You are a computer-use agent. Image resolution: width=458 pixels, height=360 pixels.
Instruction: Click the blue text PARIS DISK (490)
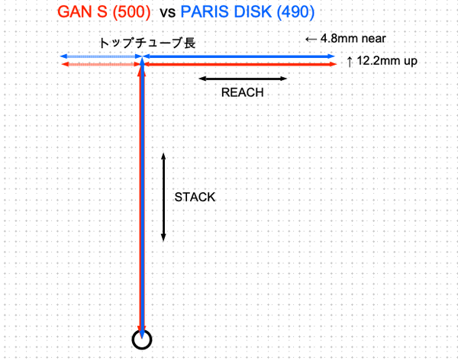pos(250,14)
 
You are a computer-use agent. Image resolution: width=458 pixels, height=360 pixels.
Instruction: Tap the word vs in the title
pos(169,14)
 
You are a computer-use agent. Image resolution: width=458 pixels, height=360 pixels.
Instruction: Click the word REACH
pos(242,92)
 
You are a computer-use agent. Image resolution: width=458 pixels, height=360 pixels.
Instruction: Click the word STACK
pos(195,196)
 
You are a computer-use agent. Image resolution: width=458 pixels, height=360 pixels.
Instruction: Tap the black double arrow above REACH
pos(242,78)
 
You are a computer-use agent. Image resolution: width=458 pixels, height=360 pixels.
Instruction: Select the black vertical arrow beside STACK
pos(163,196)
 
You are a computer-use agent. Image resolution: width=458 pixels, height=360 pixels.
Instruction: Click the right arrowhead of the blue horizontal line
pos(332,56)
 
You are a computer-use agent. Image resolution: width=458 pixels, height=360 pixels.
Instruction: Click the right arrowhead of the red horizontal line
pos(334,66)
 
